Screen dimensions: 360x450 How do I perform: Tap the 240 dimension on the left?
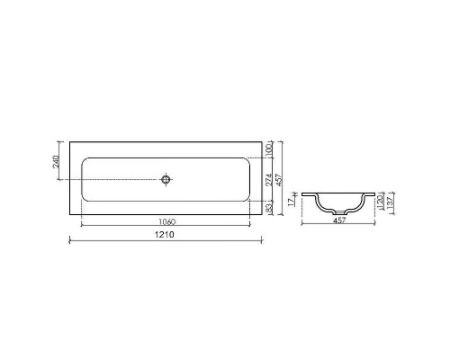coord(57,163)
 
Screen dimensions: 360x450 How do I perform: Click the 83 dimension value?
coord(269,209)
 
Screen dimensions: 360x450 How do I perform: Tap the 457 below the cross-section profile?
coord(338,220)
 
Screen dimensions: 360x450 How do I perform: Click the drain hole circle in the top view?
coord(166,179)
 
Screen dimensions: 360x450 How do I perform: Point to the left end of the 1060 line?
coord(83,224)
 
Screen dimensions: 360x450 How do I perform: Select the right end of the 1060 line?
coord(247,224)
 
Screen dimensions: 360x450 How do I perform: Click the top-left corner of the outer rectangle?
coord(70,141)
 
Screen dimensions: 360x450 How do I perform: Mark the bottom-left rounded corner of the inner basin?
coord(85,198)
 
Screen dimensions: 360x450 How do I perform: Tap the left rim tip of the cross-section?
coord(303,193)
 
